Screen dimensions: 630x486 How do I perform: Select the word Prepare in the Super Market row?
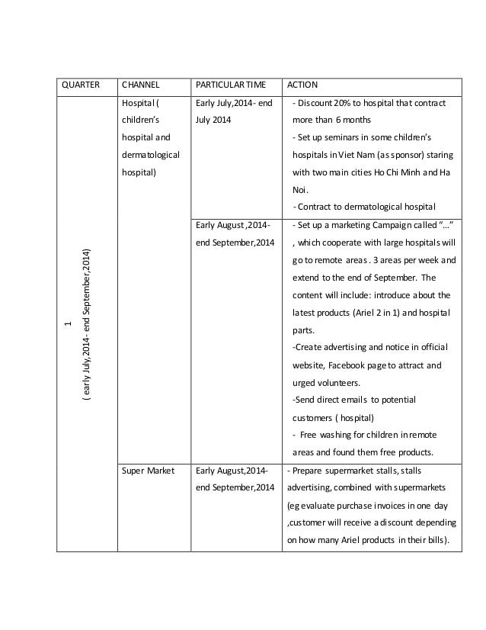[x=309, y=471]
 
